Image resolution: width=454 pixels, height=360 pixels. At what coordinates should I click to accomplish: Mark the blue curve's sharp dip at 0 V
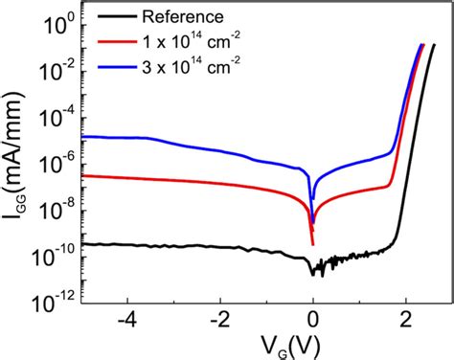click(x=312, y=199)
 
